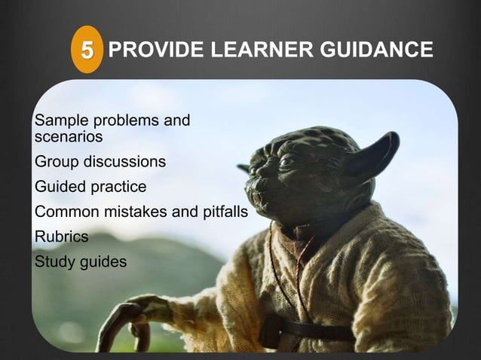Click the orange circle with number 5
point(87,51)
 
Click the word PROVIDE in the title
point(146,50)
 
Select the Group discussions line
point(100,162)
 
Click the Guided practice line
point(90,187)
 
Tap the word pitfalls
point(222,212)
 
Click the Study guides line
point(81,261)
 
